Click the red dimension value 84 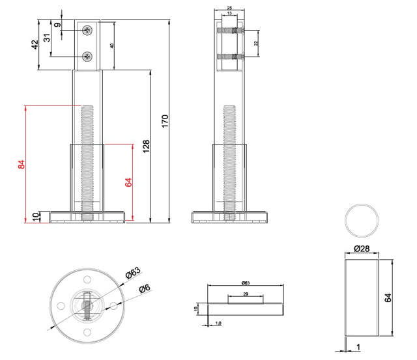(21, 164)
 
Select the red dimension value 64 (128, 182)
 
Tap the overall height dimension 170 (165, 120)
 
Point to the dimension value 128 (146, 146)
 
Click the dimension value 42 (34, 46)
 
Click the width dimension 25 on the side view (229, 8)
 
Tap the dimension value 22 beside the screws (256, 43)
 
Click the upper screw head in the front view (88, 29)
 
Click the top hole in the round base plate (87, 280)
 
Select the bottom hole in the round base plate (87, 332)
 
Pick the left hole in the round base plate (61, 305)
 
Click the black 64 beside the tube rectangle (388, 298)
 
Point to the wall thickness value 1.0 (218, 323)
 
